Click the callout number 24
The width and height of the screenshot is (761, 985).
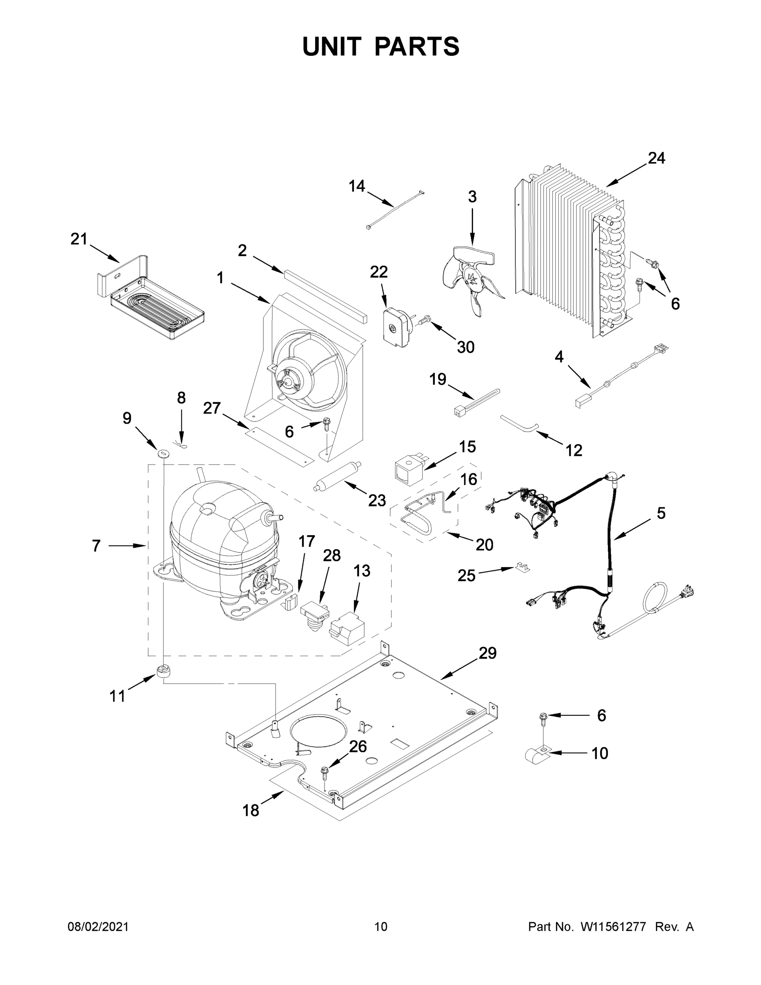click(656, 158)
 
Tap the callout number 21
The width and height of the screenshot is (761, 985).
click(78, 239)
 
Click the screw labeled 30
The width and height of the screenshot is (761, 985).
click(424, 321)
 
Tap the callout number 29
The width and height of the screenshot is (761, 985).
click(487, 653)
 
